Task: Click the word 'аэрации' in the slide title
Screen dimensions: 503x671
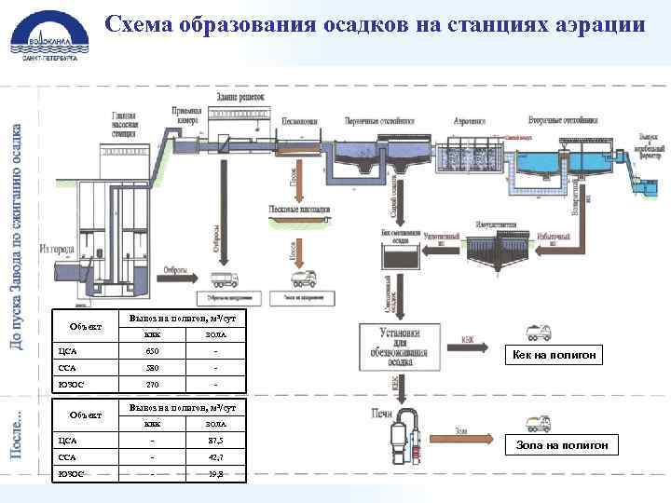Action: (x=596, y=24)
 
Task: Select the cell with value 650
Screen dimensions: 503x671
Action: (x=153, y=351)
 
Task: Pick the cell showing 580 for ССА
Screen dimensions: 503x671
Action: (x=153, y=366)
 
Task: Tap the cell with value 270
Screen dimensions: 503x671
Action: (x=153, y=382)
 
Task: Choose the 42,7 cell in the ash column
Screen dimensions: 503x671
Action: (x=215, y=457)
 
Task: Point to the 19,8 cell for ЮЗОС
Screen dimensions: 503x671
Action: (x=215, y=473)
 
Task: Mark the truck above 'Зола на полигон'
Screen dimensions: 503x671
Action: (x=538, y=424)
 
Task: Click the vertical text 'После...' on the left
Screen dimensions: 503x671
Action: (x=17, y=433)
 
